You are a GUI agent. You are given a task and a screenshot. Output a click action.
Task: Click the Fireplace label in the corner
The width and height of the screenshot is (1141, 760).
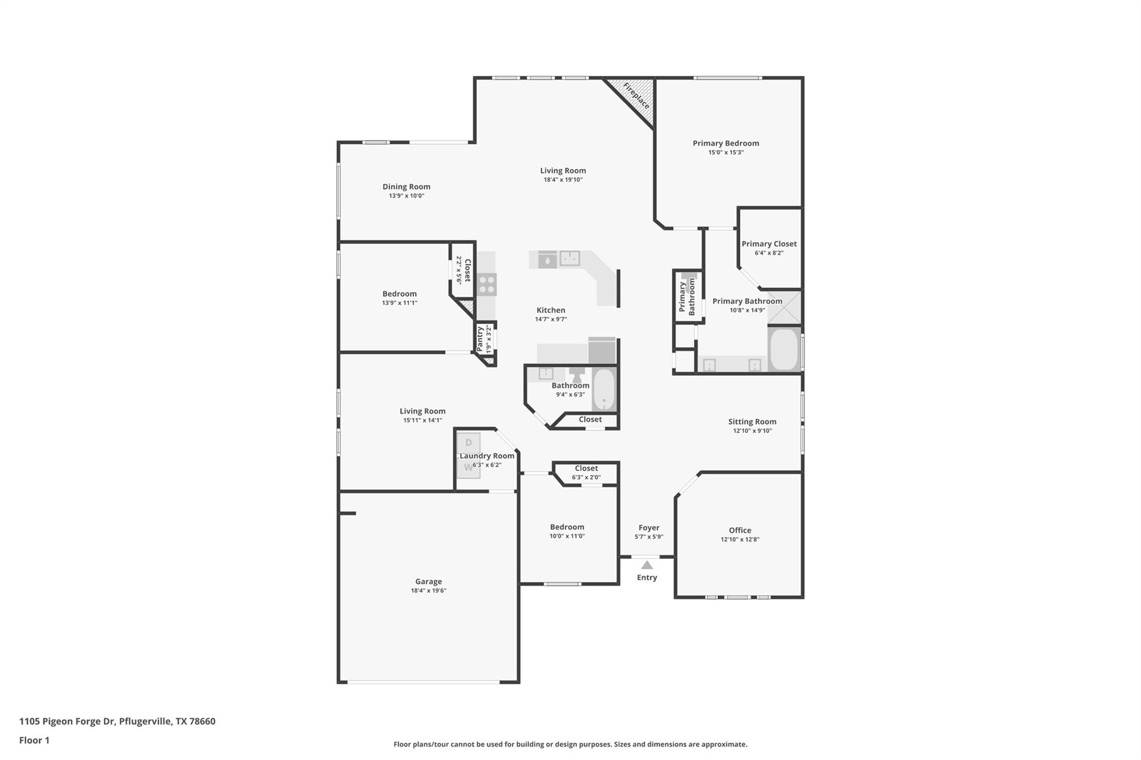pyautogui.click(x=636, y=96)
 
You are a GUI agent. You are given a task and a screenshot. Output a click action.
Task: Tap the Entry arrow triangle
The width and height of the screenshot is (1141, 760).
pyautogui.click(x=647, y=565)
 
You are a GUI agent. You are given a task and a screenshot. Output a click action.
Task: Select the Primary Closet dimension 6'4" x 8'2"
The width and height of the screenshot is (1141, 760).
pyautogui.click(x=769, y=253)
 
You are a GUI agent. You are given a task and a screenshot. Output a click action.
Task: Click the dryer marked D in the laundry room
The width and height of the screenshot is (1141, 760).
pyautogui.click(x=469, y=443)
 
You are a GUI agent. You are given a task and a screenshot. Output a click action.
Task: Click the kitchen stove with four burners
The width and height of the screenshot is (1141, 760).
pyautogui.click(x=487, y=285)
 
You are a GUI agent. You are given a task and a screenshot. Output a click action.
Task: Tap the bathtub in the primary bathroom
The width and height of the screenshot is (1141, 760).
pyautogui.click(x=784, y=350)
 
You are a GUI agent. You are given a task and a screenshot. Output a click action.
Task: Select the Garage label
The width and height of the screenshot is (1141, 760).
pyautogui.click(x=428, y=581)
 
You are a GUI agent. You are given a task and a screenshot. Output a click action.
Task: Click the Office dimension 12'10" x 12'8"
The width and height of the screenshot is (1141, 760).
pyautogui.click(x=740, y=539)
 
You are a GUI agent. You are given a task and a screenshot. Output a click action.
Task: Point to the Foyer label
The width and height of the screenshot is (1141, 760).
pyautogui.click(x=648, y=527)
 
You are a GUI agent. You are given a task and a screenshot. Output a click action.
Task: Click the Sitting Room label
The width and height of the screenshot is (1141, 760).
pyautogui.click(x=752, y=421)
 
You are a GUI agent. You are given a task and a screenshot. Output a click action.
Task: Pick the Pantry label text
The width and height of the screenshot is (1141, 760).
pyautogui.click(x=480, y=339)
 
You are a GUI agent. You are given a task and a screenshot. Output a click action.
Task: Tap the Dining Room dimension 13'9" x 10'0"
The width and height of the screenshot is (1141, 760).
pyautogui.click(x=406, y=196)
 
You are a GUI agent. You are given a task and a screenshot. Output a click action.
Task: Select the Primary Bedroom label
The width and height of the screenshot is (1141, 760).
pyautogui.click(x=725, y=143)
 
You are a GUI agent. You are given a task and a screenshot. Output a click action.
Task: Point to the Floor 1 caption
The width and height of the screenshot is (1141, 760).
pyautogui.click(x=35, y=740)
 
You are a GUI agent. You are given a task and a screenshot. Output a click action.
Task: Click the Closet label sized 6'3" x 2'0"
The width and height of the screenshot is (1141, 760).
pyautogui.click(x=586, y=468)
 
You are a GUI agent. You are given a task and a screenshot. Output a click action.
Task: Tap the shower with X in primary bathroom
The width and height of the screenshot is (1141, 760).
pyautogui.click(x=784, y=307)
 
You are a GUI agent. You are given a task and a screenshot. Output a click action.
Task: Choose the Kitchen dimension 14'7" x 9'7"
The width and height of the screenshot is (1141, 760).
pyautogui.click(x=550, y=319)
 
